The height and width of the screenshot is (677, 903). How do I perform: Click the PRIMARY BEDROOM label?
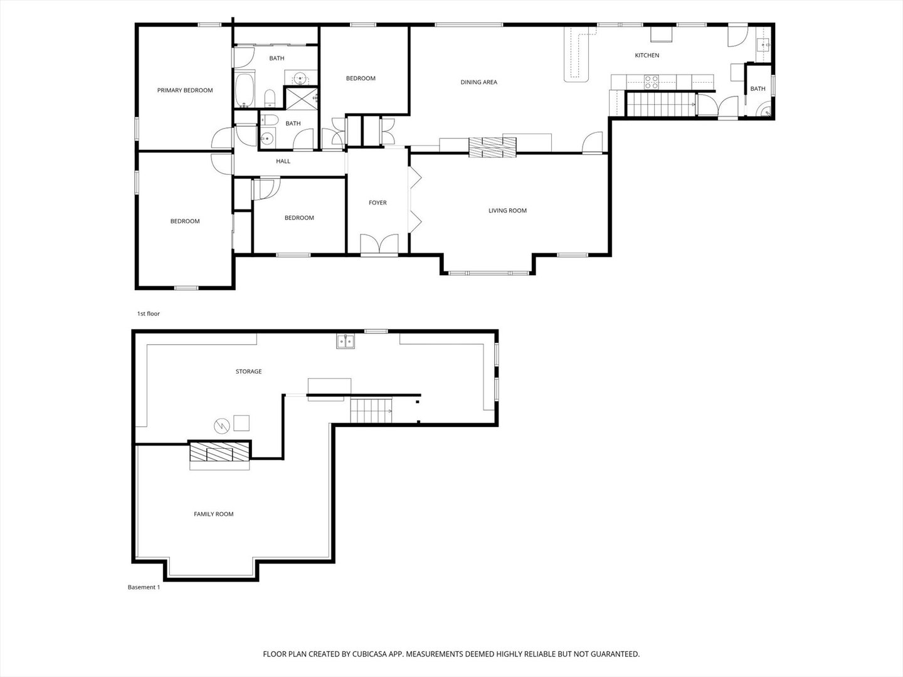pos(185,90)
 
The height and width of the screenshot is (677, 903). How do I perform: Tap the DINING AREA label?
pos(478,82)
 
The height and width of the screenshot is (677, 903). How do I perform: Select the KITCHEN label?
pos(647,56)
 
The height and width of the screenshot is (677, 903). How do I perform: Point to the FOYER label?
pos(378,203)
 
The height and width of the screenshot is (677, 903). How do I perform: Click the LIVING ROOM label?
pos(507,211)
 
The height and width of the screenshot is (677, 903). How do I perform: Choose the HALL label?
pos(283,162)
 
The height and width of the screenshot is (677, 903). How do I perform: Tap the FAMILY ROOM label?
pos(213,514)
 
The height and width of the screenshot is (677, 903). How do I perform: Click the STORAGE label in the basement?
pos(248,372)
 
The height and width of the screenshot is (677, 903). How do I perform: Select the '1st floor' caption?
pos(149,313)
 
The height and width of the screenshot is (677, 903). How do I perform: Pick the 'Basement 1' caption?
pos(144,587)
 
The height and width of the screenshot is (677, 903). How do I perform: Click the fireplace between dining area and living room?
pos(492,147)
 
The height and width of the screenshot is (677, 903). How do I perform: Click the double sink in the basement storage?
pos(345,341)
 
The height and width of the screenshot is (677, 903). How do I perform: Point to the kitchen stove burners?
pos(652,81)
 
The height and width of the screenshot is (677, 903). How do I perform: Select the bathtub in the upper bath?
pos(244,91)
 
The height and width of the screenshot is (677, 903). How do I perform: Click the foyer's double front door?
pos(379,244)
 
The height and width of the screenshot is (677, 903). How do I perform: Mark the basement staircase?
pos(371,411)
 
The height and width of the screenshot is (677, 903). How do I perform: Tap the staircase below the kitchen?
pos(661,103)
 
